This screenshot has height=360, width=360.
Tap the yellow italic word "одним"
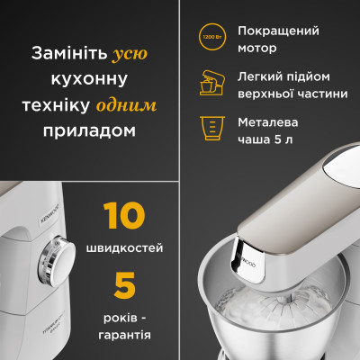point(130,104)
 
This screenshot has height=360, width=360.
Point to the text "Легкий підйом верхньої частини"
point(283,82)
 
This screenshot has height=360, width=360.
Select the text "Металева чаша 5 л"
point(272,128)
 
